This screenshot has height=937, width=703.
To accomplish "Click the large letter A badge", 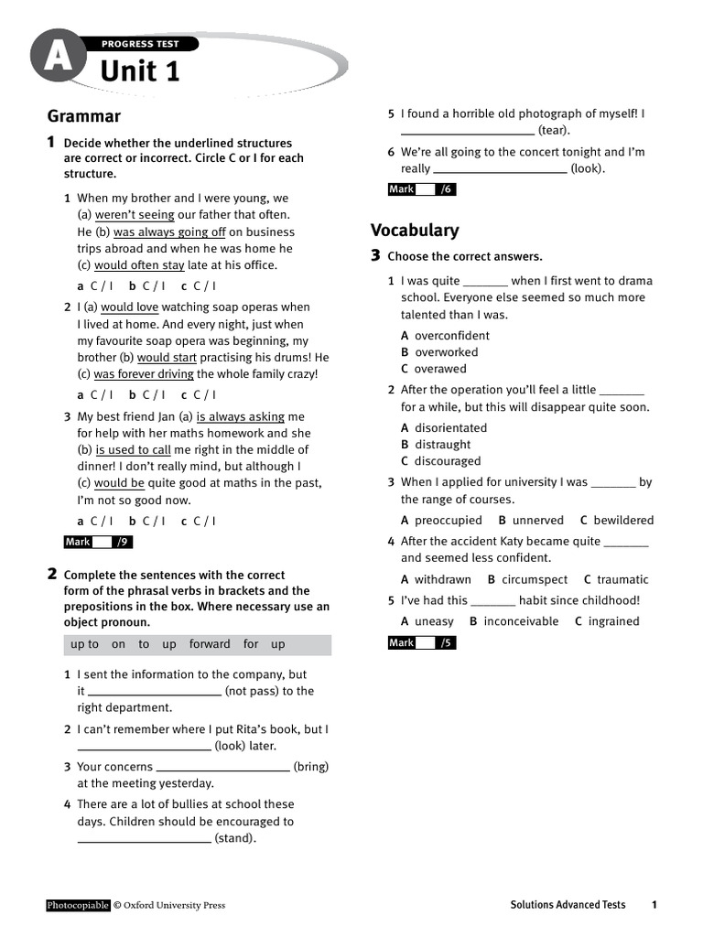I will pos(58,59).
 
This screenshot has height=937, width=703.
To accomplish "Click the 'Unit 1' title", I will pos(139,70).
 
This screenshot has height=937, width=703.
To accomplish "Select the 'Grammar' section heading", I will pos(83,116).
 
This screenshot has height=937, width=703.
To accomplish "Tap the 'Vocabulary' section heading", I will pos(415,230).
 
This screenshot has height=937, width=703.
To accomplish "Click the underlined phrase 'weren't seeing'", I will pos(135,215).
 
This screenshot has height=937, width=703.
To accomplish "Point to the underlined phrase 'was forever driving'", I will pos(144,374).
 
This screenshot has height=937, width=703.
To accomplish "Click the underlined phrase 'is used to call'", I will pos(133,450).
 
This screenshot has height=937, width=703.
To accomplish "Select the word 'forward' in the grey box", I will pos(210,644).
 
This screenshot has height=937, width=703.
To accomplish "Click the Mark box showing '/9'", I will pos(99,543).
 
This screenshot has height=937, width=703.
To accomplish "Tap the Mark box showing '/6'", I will pos(422,189).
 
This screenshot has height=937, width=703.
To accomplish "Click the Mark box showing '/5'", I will pos(422,643).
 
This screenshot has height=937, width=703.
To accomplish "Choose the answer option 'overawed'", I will pos(439,369).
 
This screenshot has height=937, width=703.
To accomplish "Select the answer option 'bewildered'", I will pos(622,521).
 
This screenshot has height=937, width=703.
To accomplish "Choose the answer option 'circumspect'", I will pos(535,580).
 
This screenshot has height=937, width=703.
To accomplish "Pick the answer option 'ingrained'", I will pos(613,621).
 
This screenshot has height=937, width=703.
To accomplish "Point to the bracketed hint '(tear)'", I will pos(554,131).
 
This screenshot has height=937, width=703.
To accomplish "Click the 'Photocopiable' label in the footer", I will pos(78,905).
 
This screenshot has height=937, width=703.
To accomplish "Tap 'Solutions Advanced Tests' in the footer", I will pos(568,905).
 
